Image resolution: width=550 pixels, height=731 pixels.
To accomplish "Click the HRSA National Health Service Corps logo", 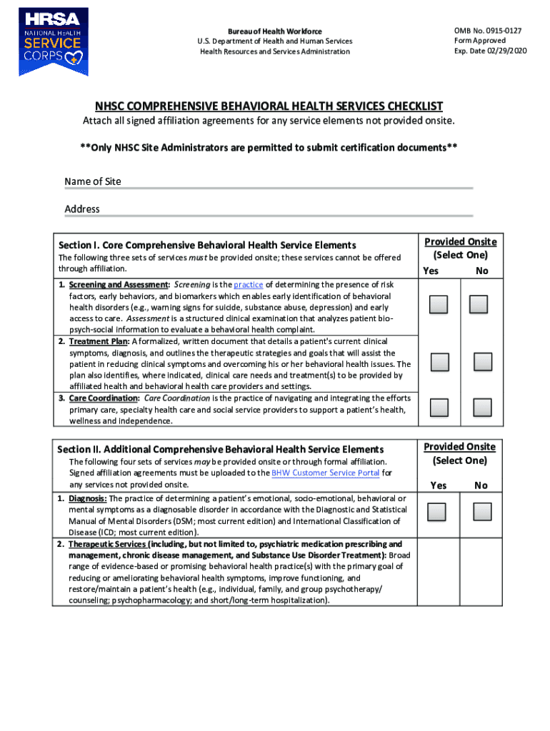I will click(x=54, y=42).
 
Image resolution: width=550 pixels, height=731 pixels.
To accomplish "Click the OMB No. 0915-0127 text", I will click(x=487, y=31).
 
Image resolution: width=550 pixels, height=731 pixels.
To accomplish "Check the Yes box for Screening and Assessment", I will click(x=439, y=305).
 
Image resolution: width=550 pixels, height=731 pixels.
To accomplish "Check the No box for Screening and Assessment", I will click(x=479, y=305).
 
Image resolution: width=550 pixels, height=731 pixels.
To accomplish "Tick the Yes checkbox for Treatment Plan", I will click(x=439, y=362).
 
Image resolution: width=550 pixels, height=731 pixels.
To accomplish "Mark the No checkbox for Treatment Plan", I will click(x=483, y=362).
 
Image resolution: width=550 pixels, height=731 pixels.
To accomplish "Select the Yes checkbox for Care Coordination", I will click(x=439, y=408).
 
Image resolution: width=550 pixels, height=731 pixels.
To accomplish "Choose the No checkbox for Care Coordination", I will click(x=483, y=408).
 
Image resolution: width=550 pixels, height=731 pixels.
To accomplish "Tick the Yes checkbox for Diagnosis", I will click(x=436, y=512).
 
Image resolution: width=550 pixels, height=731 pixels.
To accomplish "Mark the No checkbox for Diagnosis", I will click(x=483, y=512).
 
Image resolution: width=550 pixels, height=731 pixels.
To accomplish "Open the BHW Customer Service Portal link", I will click(x=326, y=473).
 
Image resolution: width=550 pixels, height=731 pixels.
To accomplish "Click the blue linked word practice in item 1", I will click(x=248, y=284).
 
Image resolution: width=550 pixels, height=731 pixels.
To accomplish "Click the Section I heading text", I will click(x=207, y=245).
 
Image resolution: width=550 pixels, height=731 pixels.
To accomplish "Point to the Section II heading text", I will click(x=220, y=449).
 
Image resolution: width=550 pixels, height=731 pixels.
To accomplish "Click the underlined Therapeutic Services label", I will click(x=106, y=544).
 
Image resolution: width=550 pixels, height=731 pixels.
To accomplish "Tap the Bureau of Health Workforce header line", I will click(x=275, y=31).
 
